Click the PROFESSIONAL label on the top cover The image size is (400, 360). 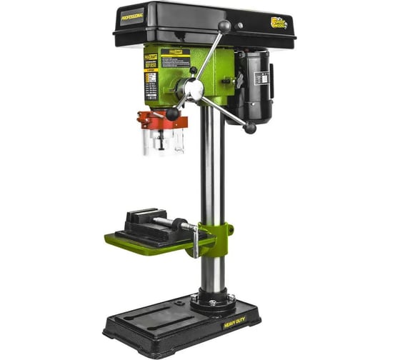pos(132,15)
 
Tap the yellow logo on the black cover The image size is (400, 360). pos(279,24)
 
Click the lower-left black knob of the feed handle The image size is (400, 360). pos(172,114)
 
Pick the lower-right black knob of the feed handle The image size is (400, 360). pos(250,128)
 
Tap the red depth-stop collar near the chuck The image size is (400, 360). pos(163,119)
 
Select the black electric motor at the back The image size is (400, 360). pos(254,86)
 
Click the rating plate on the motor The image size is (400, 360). pos(269,84)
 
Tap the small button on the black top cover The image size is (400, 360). pos(240,25)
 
